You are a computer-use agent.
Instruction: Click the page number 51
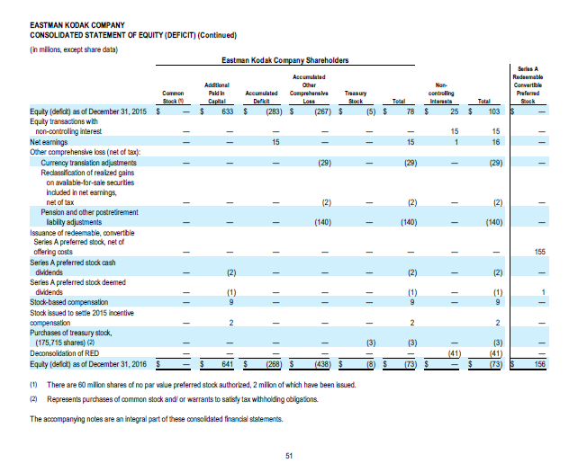point(288,455)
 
